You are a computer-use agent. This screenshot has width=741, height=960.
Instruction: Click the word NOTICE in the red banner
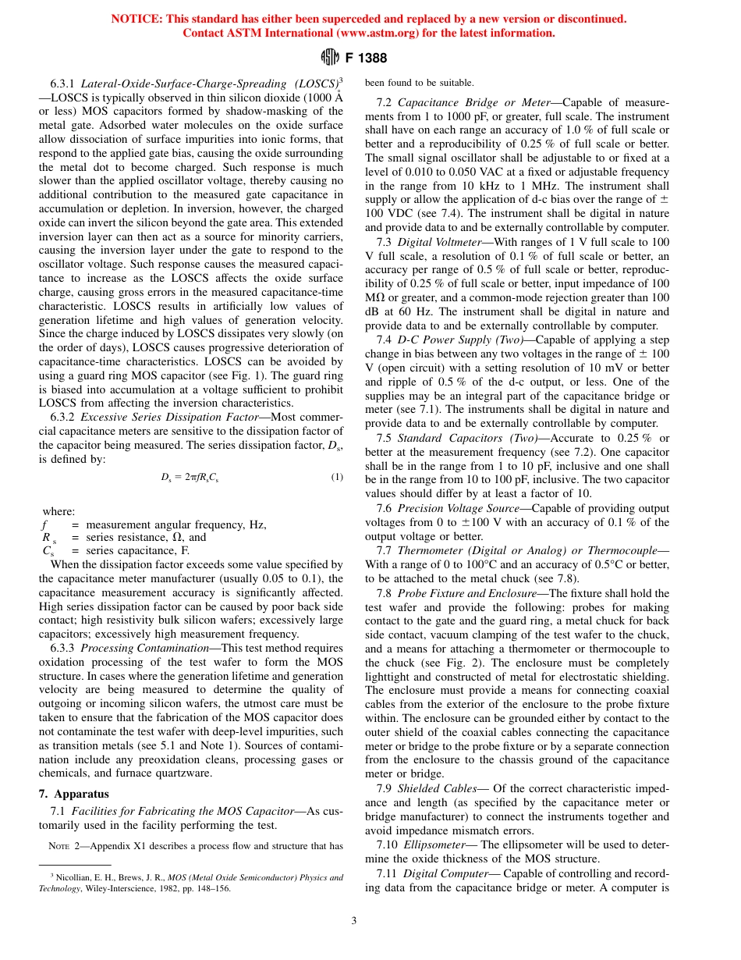click(137, 19)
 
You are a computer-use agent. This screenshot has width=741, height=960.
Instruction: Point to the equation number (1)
click(336, 477)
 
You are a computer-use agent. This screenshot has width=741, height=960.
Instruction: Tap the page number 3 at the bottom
click(354, 920)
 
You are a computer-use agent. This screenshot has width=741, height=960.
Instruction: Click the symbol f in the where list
click(44, 524)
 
